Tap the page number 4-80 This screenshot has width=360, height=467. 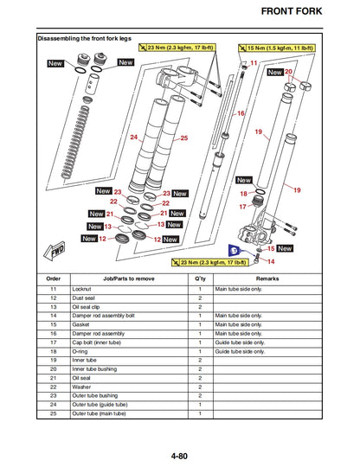coord(179,455)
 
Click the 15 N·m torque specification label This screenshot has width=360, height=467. coord(281,49)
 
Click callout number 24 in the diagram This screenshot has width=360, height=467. coord(134,138)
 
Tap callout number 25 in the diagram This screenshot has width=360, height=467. coord(183,138)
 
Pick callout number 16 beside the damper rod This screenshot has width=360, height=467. coord(241,113)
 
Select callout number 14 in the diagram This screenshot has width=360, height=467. coord(270,261)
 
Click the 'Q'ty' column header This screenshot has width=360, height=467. coord(200,279)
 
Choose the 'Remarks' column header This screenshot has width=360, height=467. coord(267,279)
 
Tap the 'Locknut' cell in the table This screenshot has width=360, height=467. coord(84,289)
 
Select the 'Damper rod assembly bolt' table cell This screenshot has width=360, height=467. coord(103,317)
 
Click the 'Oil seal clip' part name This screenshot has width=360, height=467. coord(89,307)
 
